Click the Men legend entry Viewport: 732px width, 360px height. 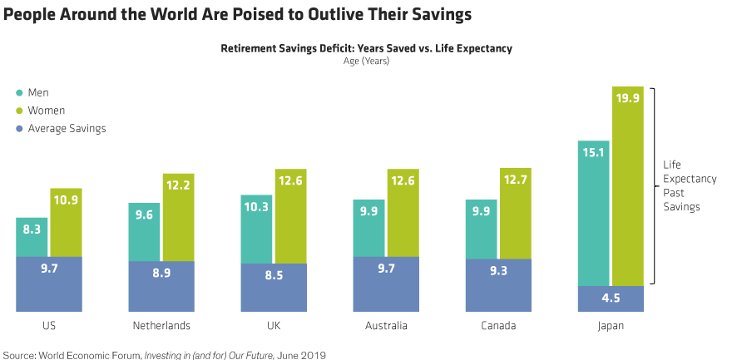[37, 93]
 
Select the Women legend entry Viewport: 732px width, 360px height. [45, 111]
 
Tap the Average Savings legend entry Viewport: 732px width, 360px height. [66, 128]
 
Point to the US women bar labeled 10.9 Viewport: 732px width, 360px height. [66, 222]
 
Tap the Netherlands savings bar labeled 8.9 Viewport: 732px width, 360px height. [161, 286]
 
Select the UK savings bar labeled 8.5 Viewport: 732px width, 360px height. [274, 288]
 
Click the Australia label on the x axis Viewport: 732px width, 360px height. [386, 325]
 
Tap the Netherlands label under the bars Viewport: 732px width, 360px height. [161, 325]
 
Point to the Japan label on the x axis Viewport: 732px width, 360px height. [611, 325]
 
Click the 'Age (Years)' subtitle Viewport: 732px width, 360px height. [366, 61]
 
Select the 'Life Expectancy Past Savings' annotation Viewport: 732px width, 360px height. [681, 186]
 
